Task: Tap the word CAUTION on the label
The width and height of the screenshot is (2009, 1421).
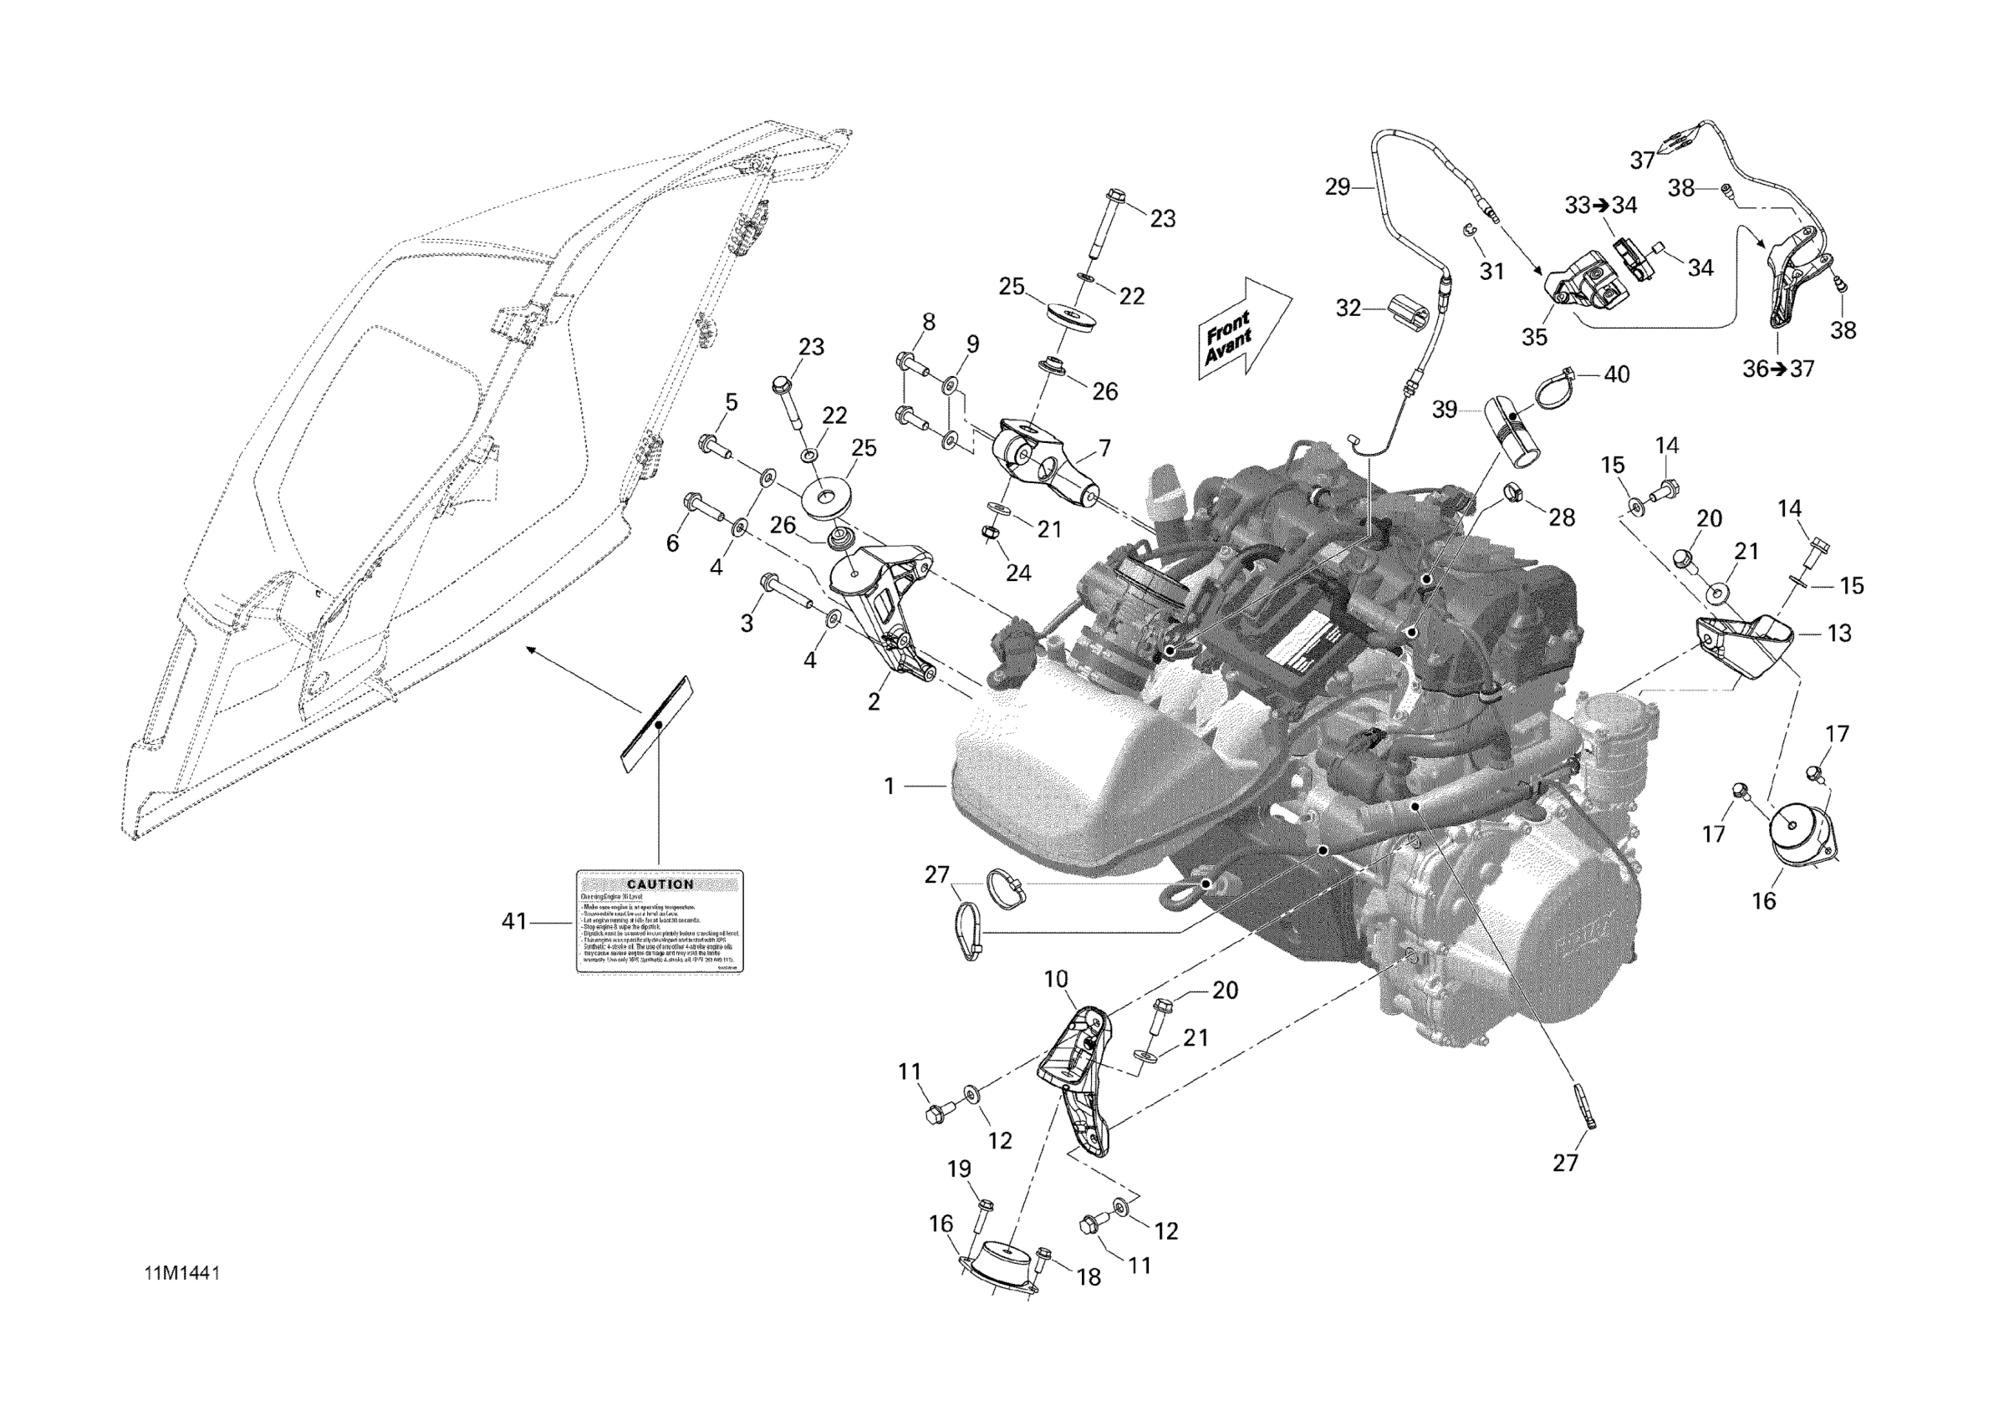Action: click(x=660, y=884)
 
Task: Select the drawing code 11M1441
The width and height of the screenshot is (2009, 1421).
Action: click(x=182, y=1273)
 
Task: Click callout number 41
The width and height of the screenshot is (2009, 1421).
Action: click(x=514, y=921)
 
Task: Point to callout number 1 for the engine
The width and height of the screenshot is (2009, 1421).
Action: click(x=889, y=787)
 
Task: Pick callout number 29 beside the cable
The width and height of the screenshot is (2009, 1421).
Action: click(x=1337, y=186)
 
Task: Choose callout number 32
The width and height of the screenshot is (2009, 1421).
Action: click(x=1349, y=308)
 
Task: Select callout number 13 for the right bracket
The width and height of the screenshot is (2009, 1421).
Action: click(x=1839, y=634)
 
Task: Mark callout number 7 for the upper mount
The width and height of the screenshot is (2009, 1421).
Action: click(x=1105, y=448)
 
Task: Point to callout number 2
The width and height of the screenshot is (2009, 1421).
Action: click(x=874, y=702)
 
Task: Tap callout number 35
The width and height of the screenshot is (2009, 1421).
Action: click(x=1534, y=337)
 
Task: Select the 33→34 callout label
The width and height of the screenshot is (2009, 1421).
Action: click(x=1600, y=205)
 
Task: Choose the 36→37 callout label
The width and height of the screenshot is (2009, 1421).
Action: click(x=1778, y=369)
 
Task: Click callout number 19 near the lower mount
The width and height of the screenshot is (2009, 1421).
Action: click(x=959, y=1169)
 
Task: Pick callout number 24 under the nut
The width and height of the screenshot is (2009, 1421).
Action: click(x=1017, y=573)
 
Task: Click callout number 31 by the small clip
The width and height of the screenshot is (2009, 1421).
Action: click(x=1491, y=272)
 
